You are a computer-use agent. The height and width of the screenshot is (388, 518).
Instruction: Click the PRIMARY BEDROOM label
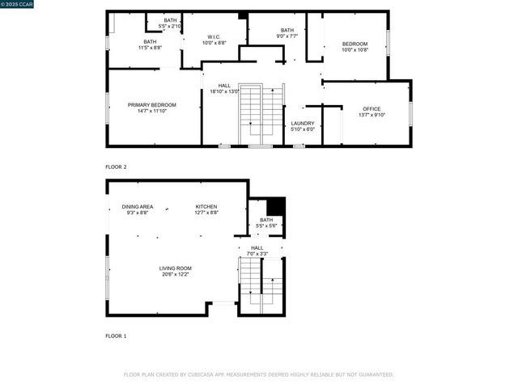(x=152, y=105)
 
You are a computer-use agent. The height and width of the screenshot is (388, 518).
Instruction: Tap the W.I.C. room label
(x=214, y=36)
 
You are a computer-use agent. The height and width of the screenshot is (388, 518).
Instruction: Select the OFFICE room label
(x=372, y=109)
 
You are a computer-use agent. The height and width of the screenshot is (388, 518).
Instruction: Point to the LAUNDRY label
(x=303, y=123)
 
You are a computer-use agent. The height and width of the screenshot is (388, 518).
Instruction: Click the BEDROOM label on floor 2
(x=355, y=44)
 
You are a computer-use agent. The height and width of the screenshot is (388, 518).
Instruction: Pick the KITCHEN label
(x=206, y=207)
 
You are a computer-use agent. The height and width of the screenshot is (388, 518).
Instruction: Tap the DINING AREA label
(x=138, y=207)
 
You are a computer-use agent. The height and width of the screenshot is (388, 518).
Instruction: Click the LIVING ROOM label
(x=175, y=268)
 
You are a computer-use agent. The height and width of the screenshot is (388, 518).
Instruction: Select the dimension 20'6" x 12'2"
(x=175, y=274)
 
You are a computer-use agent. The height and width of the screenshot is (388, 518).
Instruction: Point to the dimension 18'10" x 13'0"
(x=224, y=91)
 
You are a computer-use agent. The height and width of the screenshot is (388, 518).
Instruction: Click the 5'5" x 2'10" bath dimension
(x=170, y=26)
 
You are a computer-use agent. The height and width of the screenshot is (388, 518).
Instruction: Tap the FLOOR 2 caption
(x=116, y=167)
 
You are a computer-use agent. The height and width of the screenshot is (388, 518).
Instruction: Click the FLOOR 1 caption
(x=116, y=335)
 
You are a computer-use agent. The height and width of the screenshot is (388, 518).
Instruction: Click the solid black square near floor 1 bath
(x=276, y=206)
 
